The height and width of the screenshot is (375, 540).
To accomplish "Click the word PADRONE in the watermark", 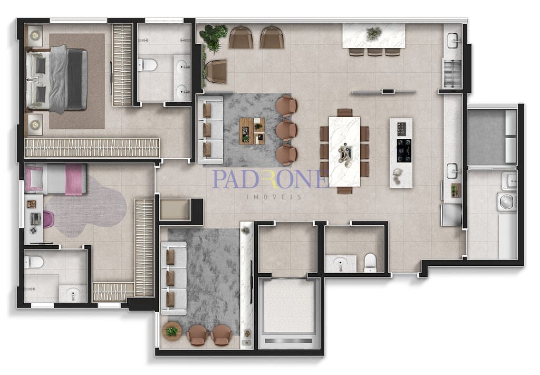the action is (271, 179).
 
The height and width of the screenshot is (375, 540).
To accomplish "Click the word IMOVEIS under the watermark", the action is (274, 197).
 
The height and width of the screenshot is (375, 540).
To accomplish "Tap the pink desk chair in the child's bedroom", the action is (48, 219).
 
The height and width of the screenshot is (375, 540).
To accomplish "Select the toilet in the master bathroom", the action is (148, 64).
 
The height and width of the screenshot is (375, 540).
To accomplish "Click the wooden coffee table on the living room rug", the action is (252, 131).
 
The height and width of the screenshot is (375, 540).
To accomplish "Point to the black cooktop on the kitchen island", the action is (403, 150).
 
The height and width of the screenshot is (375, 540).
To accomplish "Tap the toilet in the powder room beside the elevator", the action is (370, 263).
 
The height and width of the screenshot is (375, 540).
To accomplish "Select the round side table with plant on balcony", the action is (172, 331).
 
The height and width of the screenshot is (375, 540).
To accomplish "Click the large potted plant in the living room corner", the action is (214, 36).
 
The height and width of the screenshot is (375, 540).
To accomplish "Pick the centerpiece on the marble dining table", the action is (345, 154).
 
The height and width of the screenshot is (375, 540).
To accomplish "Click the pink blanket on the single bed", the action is (73, 179).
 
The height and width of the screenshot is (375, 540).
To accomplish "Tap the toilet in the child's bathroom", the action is (34, 262).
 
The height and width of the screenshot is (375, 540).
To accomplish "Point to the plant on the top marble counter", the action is (374, 34).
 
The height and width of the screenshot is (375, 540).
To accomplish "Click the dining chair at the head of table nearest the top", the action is (345, 112).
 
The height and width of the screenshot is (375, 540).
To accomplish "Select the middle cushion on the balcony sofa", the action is (170, 278).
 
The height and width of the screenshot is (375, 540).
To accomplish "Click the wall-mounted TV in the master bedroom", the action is (111, 79).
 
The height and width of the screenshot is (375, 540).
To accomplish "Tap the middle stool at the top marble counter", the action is (375, 52).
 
